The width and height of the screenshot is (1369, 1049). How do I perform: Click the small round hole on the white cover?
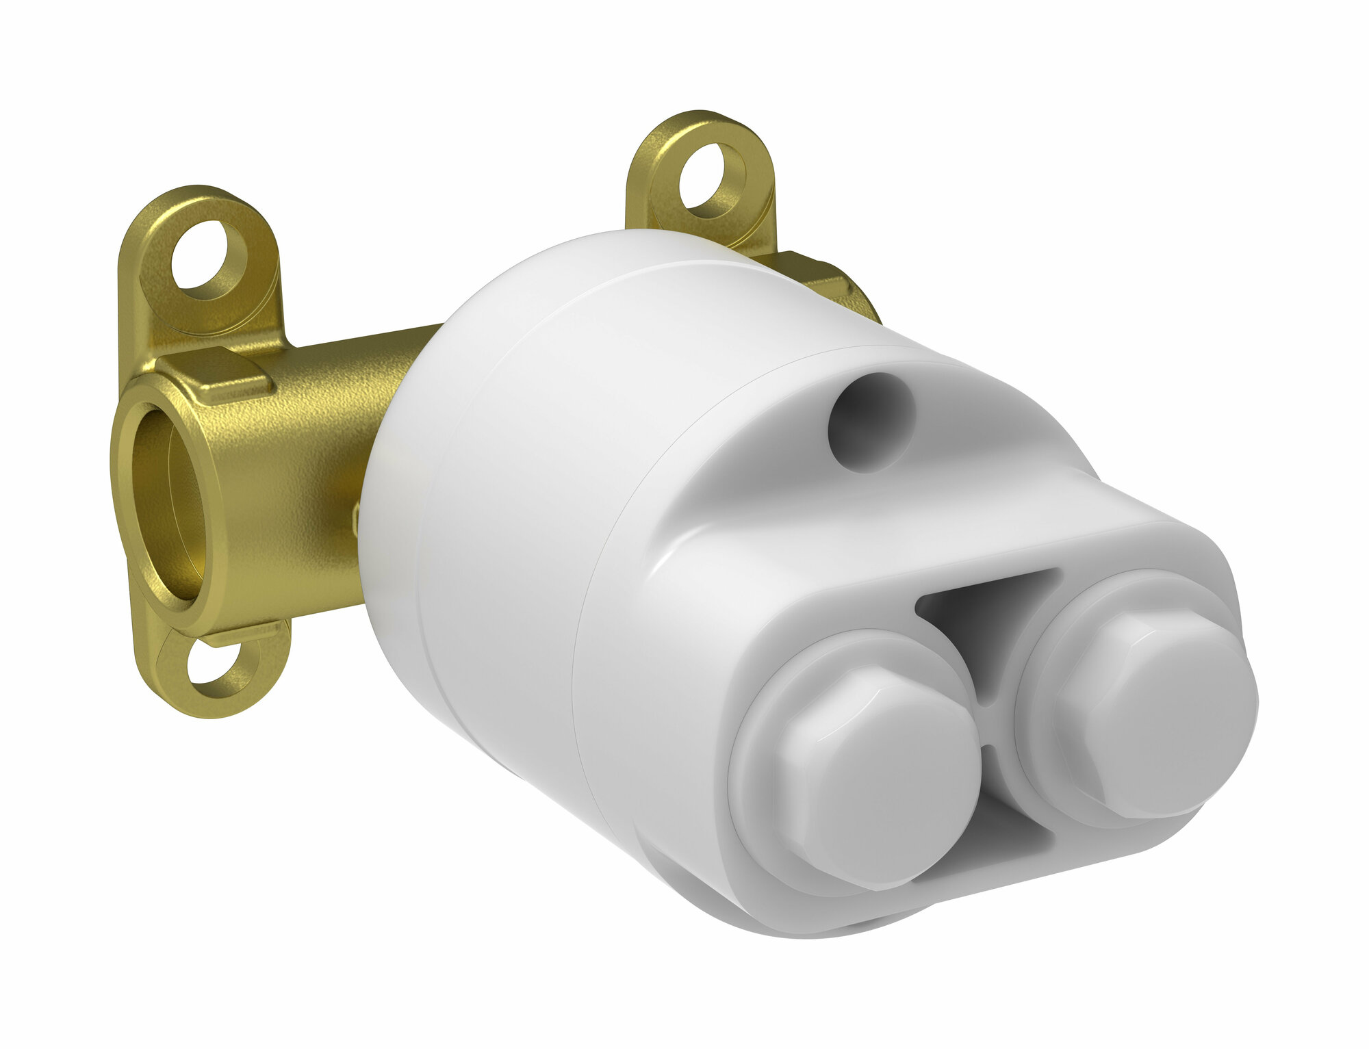[x=871, y=422]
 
